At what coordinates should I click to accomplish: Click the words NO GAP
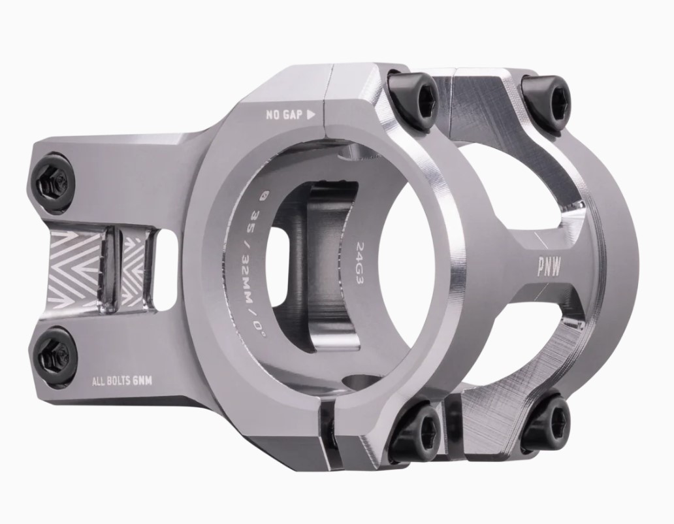tap(283, 115)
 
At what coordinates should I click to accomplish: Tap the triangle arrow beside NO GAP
tap(312, 114)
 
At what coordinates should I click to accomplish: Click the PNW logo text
tap(549, 269)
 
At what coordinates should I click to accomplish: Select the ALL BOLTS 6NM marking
tap(123, 380)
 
